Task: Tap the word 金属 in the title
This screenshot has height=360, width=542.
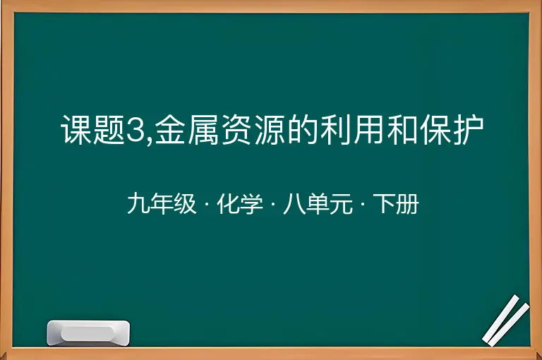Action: click(x=187, y=130)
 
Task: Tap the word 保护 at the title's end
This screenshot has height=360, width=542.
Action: click(x=452, y=130)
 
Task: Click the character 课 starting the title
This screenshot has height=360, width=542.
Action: click(x=76, y=130)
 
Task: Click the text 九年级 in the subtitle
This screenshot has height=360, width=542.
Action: click(x=162, y=204)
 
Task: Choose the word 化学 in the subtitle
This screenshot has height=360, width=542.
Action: click(x=240, y=204)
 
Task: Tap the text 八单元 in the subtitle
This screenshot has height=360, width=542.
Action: click(x=318, y=204)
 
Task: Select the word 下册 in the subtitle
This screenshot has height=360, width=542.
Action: click(x=396, y=204)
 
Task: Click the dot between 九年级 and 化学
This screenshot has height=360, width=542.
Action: click(x=207, y=204)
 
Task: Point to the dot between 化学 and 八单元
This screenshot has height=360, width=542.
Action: click(x=273, y=204)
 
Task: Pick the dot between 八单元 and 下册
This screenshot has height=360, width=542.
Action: click(x=363, y=204)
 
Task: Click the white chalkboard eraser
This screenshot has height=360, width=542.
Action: click(x=88, y=333)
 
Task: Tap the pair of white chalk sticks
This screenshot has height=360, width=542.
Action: click(x=506, y=320)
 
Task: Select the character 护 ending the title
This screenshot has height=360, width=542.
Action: click(x=469, y=130)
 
